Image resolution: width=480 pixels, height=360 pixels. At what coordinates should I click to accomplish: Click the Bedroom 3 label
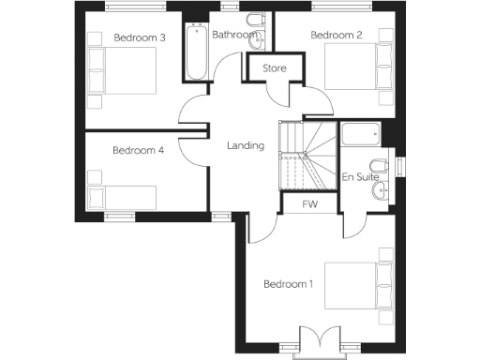point(140,37)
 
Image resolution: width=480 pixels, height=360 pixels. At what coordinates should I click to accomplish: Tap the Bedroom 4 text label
point(139,150)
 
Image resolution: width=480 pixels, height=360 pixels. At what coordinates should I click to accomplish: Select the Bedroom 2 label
point(336,36)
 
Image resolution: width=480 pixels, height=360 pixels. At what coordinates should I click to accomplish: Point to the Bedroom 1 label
point(289,284)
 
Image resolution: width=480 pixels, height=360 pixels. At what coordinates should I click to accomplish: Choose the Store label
point(274,68)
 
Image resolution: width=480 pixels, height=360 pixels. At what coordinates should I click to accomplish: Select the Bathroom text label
point(233,36)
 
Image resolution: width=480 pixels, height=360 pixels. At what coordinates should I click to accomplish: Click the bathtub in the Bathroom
point(197,52)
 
